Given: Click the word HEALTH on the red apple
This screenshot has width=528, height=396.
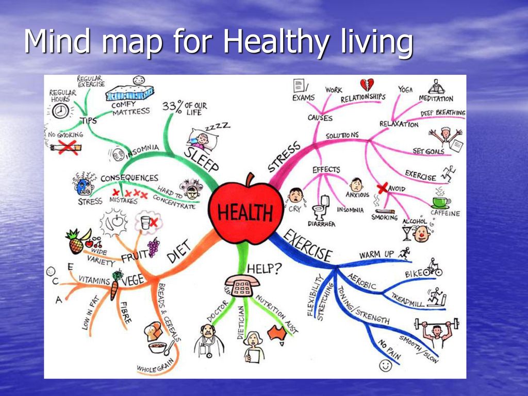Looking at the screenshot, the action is [245, 212].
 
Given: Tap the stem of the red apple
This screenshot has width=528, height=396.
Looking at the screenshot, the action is [250, 179].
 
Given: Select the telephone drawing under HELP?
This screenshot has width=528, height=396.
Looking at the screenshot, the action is [241, 285].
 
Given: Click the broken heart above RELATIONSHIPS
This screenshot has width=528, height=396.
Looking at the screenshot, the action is [367, 85].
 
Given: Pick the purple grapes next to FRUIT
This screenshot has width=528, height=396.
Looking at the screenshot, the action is [153, 247].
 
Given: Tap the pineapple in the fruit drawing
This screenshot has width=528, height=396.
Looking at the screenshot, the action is [75, 242].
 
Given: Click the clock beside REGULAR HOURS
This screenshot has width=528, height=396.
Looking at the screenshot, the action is [61, 111].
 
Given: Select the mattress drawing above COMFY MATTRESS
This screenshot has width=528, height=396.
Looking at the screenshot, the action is [129, 93].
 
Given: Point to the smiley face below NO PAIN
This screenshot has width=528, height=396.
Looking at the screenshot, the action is [386, 366].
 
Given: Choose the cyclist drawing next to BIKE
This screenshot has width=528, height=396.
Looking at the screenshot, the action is [433, 268].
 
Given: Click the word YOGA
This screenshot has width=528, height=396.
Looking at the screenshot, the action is [405, 90].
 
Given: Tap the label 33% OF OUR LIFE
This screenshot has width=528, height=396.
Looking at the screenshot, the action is [185, 108].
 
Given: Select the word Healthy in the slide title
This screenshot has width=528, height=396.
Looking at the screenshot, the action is [275, 41].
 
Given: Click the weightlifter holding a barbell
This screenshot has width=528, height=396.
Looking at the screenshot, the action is [436, 332].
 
